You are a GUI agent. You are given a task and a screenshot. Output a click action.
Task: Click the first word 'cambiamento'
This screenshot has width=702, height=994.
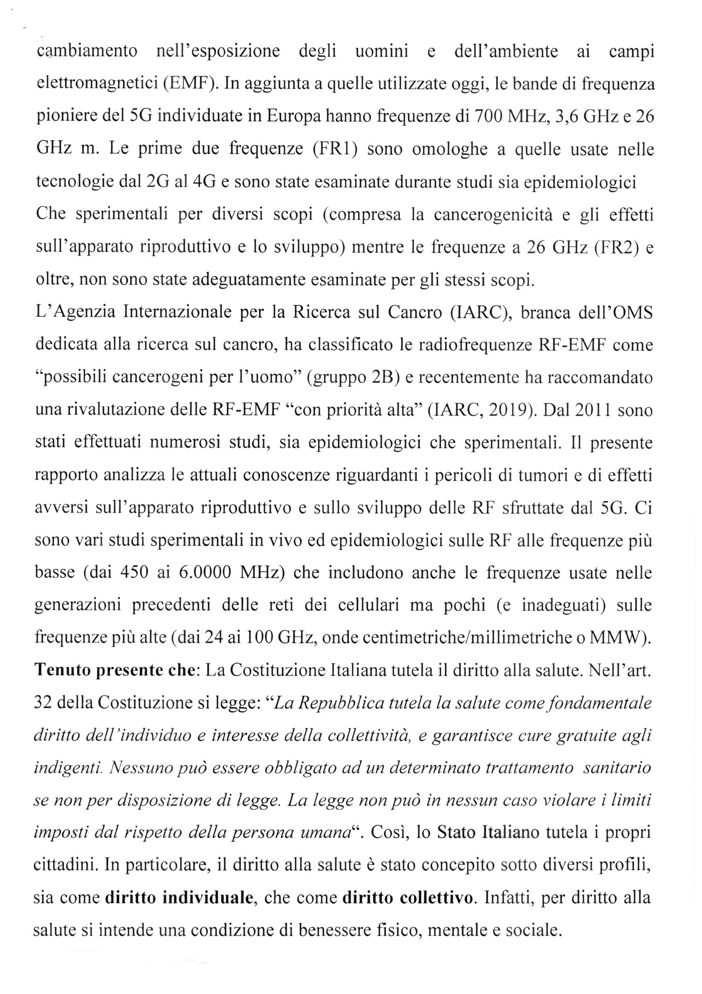86,52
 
